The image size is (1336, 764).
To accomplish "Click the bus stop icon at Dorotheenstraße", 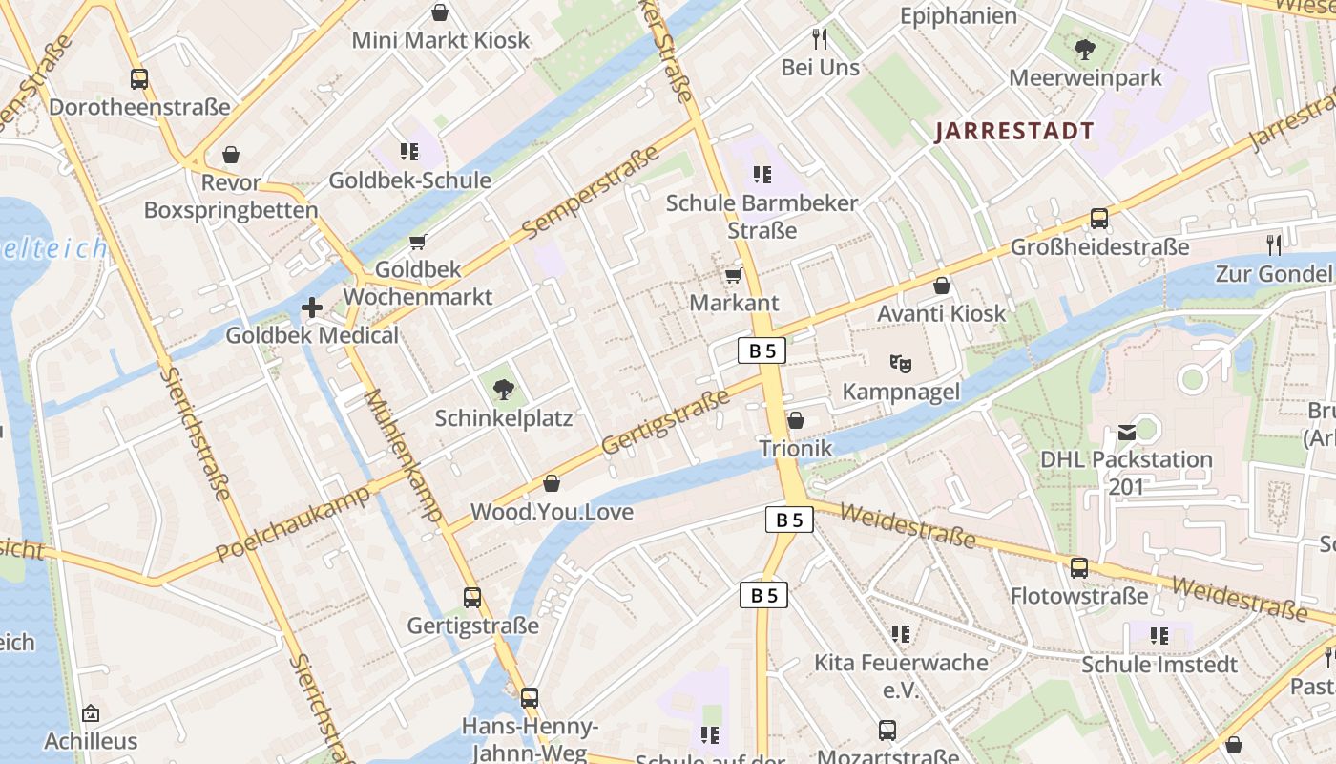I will coord(139,79).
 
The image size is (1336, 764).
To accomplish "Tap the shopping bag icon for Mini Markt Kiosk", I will coord(440,12).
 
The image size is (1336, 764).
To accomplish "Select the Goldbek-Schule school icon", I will coord(409,152).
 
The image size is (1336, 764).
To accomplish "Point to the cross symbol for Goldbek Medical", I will coord(311,308).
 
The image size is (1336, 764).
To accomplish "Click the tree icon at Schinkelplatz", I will coord(503,390).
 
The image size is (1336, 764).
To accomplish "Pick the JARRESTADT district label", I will coord(1013,132).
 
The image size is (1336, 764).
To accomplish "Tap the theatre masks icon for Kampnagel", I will coord(900,363).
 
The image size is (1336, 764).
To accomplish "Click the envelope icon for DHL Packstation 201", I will coord(1127,432).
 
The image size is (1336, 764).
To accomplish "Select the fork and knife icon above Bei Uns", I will coord(820,39).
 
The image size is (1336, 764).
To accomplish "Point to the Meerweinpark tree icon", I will coord(1085,50).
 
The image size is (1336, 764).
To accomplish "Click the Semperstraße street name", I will coord(592,192).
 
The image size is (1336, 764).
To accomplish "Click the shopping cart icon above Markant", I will coord(733,276).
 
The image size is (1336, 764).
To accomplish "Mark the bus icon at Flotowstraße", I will coord(1079,568).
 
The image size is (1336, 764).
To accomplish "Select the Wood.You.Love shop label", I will coord(552,512).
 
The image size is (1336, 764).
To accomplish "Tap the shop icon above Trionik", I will coord(795,421).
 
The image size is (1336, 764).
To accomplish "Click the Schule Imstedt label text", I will coord(1159,665).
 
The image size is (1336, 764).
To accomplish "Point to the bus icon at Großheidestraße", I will coord(1098,219).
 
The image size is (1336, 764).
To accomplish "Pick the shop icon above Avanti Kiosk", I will coord(941,286).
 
